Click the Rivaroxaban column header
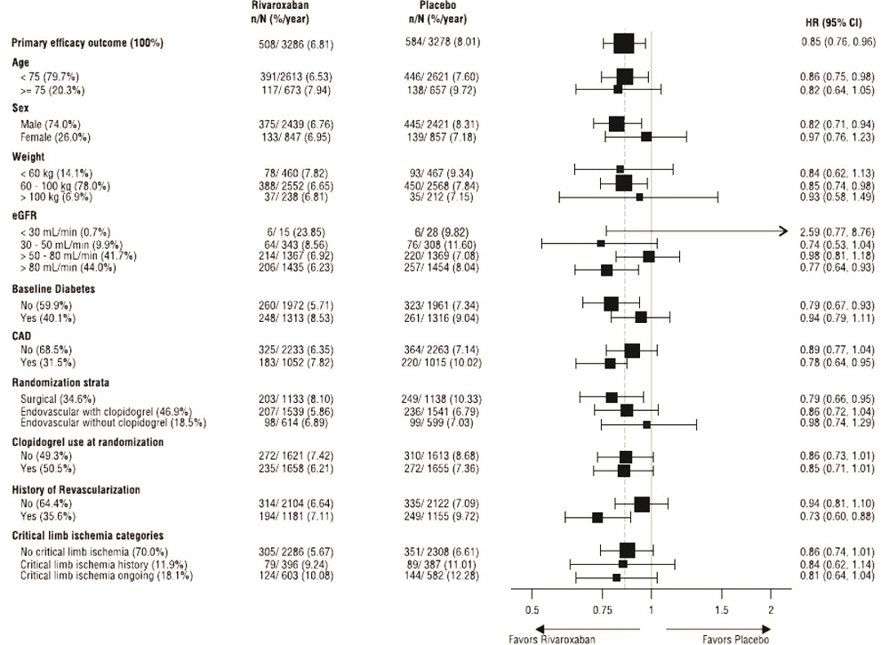(x=276, y=5)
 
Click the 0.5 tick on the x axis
(x=532, y=609)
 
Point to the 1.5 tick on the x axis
(x=721, y=609)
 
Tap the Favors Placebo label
(x=734, y=639)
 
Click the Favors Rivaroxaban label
(x=552, y=639)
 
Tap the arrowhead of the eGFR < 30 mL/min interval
(x=783, y=230)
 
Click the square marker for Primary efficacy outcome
(x=624, y=43)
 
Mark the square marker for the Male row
(x=616, y=124)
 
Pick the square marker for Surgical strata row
(x=612, y=397)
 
